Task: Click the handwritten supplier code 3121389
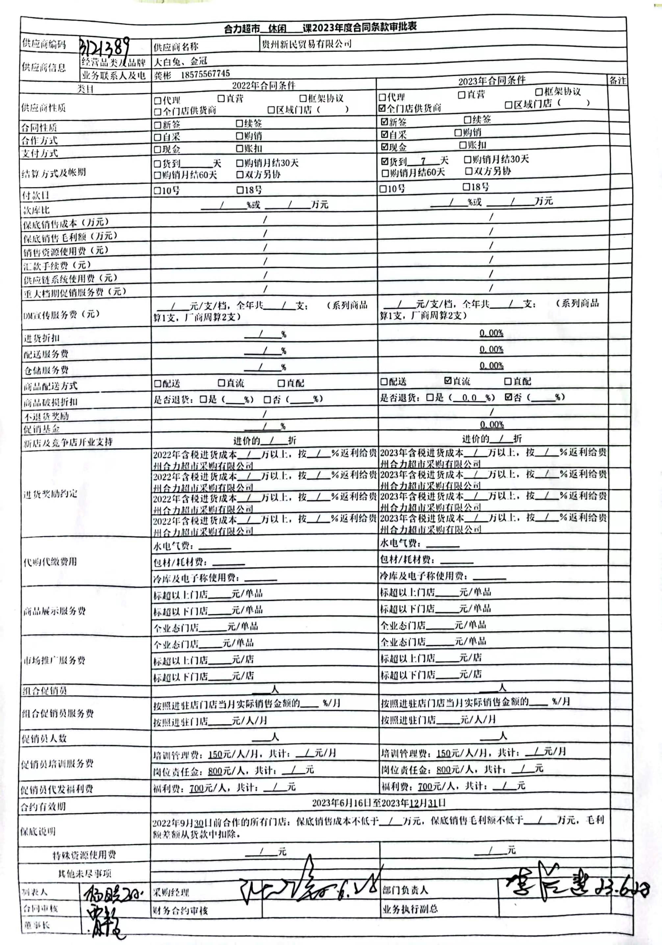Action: click(x=105, y=47)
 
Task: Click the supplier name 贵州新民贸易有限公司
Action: click(x=306, y=44)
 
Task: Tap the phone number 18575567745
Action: click(x=205, y=74)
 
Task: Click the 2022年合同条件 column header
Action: click(x=264, y=86)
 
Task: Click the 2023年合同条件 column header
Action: click(x=492, y=81)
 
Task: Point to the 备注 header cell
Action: click(x=617, y=81)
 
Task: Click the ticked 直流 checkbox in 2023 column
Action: click(x=448, y=381)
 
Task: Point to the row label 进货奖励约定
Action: click(x=50, y=494)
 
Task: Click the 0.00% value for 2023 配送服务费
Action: click(x=491, y=349)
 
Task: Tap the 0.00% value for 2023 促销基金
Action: click(x=492, y=424)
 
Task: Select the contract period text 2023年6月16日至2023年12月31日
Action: click(x=378, y=803)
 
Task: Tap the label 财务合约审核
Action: click(x=180, y=910)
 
